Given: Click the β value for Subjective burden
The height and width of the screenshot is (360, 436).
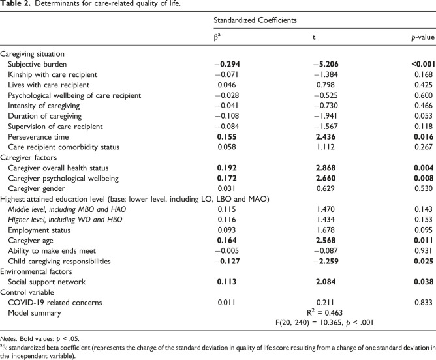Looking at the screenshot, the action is tap(227, 64).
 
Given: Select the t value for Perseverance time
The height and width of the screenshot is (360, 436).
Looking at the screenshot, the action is tap(326, 137).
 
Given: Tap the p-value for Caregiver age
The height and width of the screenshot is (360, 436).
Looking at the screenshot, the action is tap(424, 241).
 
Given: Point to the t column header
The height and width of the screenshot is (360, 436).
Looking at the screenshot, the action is tap(314, 37).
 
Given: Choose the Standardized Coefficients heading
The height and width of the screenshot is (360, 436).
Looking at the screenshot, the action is tap(255, 20).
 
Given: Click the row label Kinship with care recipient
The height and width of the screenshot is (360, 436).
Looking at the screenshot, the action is tap(53, 75).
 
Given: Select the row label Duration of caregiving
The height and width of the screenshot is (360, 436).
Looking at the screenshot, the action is tap(45, 116).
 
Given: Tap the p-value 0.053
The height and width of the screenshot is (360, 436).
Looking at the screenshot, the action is tap(424, 116).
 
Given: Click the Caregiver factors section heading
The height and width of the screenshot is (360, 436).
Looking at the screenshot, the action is tap(28, 158).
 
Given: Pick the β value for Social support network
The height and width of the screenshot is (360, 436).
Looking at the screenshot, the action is tap(226, 282).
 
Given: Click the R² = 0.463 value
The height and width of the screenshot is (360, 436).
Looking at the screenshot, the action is tap(325, 313).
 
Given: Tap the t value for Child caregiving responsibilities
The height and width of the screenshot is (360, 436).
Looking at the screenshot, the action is tap(326, 262).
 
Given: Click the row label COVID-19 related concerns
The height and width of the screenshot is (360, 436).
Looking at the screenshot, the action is tap(55, 303).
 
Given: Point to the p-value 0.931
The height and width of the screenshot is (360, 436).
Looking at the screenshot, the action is tap(424, 251).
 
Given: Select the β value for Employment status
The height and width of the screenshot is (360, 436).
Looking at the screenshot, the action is tap(226, 230).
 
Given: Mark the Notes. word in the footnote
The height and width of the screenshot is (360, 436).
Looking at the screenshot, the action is tap(9, 339).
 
